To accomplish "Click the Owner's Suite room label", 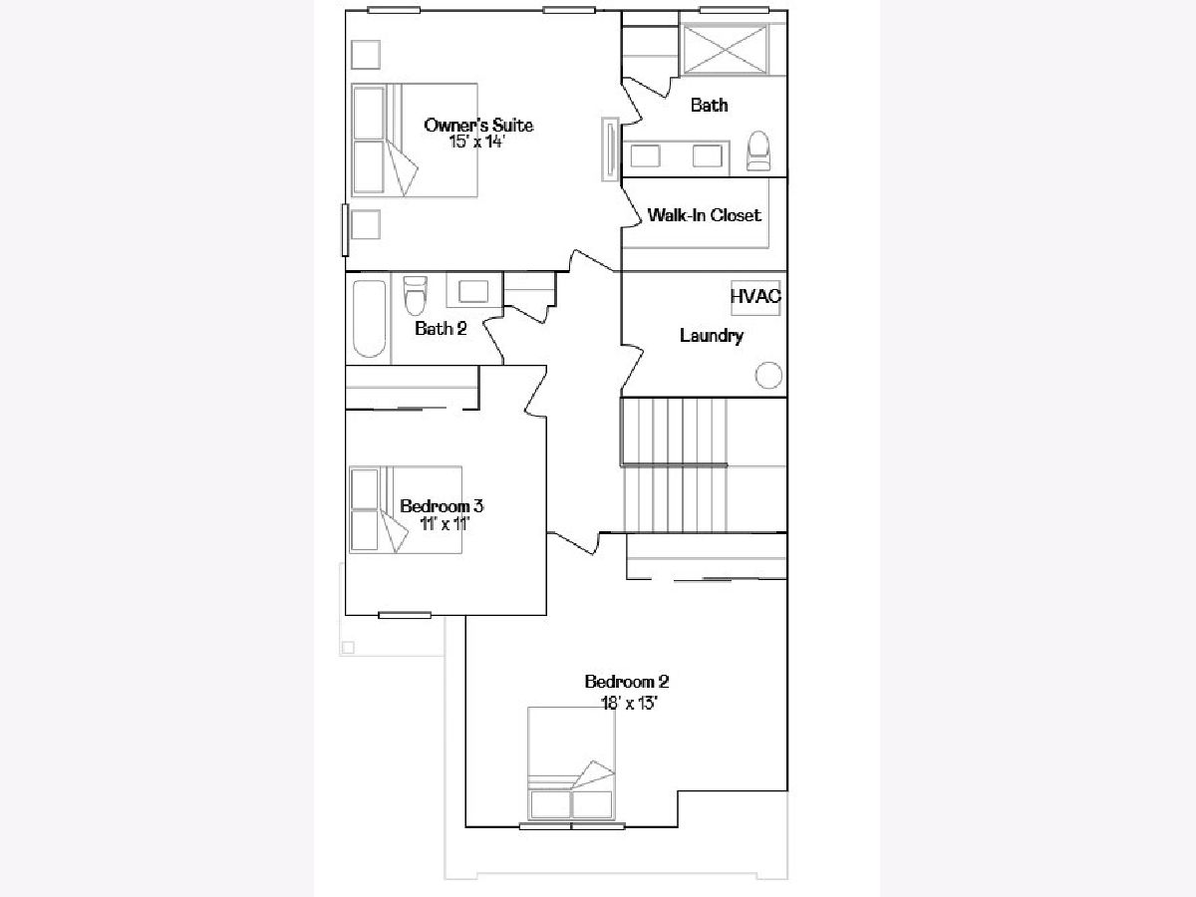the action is coord(478,126).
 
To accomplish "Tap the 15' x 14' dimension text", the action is coord(477,143).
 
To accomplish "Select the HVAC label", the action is coord(755,296).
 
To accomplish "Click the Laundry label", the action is coord(712,336).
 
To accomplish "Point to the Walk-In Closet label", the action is coord(704,215).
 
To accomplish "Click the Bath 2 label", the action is coord(441,329).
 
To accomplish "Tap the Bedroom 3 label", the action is coord(442,506).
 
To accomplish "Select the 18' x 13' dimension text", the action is coord(629,704).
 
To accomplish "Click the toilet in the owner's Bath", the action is coord(757,150).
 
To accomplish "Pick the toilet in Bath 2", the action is coord(415,295).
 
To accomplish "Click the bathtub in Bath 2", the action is coord(370,319).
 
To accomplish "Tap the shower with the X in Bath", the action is coord(726,50).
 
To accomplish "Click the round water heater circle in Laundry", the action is coord(768,376).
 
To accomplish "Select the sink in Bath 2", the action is coord(473,291).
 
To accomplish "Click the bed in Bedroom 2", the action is coord(571,763).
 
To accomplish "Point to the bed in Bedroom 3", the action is coord(406,509).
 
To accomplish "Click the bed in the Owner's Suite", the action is coord(414,140).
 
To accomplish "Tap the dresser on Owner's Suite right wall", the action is coord(610,149).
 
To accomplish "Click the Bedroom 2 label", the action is coord(627,682).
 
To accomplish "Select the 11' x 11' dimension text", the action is coord(445,524).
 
